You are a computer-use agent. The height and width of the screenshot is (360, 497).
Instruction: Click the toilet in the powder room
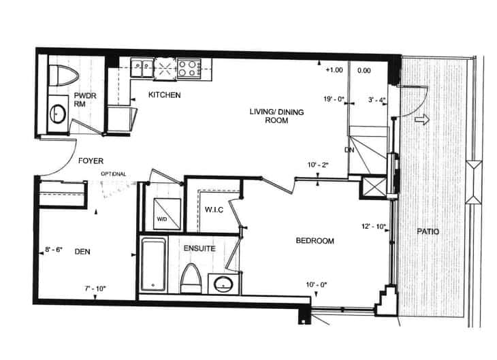[x=64, y=76]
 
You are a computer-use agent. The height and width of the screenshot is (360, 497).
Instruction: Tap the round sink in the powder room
[x=58, y=114]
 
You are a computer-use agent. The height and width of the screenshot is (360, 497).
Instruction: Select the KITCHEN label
[x=165, y=95]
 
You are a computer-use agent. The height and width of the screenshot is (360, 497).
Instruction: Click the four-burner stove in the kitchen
[x=189, y=69]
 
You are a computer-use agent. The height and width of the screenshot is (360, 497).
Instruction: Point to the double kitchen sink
[x=142, y=67]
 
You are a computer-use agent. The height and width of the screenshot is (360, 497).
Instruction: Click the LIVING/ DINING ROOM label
[x=276, y=116]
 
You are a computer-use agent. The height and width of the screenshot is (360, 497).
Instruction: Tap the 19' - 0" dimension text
[x=334, y=99]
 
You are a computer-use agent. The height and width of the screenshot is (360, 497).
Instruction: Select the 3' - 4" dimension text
[x=376, y=100]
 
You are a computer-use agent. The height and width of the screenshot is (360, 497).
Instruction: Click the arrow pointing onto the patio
[x=422, y=120]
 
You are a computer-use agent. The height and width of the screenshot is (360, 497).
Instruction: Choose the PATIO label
[x=428, y=231]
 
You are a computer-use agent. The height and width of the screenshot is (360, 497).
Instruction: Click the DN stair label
[x=349, y=150]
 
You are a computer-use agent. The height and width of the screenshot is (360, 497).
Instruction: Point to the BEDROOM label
[x=315, y=241]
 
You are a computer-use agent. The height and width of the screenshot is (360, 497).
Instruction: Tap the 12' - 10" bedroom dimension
[x=373, y=227]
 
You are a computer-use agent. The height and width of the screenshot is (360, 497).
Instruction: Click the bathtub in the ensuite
[x=153, y=265]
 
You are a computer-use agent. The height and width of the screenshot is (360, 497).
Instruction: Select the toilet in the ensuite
[x=191, y=278]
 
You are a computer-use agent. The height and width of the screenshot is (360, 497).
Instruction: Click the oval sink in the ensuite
[x=223, y=284]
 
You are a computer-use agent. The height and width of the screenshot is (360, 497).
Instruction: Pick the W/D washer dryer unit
[x=167, y=214]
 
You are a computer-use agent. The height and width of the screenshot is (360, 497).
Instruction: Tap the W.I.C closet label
[x=214, y=210]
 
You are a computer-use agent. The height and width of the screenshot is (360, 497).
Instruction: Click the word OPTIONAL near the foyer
[x=114, y=174]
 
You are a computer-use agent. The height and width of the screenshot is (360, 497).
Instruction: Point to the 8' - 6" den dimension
[x=54, y=250]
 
